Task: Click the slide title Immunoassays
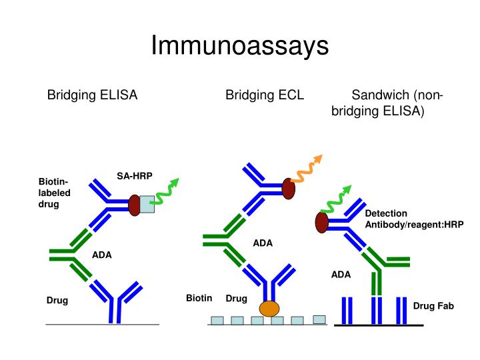(240, 46)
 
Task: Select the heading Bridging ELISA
(92, 95)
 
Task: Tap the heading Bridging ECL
(265, 95)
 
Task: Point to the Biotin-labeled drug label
(54, 193)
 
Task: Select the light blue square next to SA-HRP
(147, 203)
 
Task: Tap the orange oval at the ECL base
(269, 309)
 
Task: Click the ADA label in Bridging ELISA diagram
(102, 255)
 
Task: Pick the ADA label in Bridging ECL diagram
(263, 243)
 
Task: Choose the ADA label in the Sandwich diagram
(341, 275)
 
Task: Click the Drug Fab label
(433, 306)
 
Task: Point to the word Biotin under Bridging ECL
(199, 298)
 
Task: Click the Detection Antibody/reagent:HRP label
(413, 219)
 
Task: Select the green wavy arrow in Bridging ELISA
(167, 191)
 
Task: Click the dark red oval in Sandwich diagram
(322, 223)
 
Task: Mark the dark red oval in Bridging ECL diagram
(289, 189)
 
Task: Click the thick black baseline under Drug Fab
(379, 325)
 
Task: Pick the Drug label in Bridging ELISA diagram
(57, 301)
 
